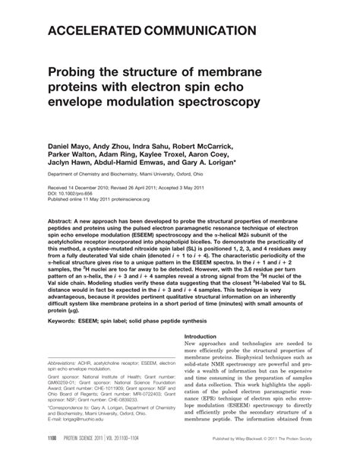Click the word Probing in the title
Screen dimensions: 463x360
pos(80,72)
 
